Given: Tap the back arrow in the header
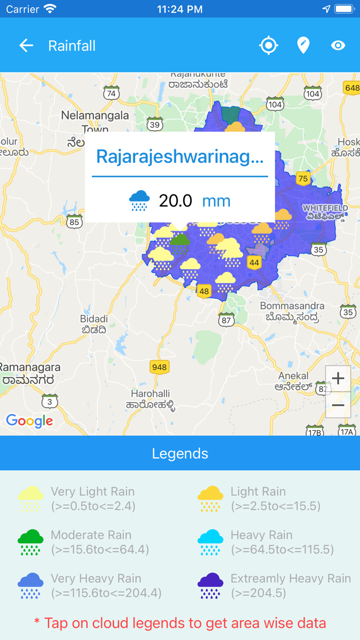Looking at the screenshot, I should tap(26, 46).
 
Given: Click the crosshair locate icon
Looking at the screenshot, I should tap(268, 46).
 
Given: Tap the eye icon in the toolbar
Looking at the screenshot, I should tap(338, 46).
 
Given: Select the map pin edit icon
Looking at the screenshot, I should tap(303, 46).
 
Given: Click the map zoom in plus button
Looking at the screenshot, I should tap(338, 379).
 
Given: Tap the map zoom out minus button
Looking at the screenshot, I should tap(338, 405).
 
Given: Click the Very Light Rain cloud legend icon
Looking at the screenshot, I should tap(30, 499).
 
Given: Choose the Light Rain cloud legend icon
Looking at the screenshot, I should tap(210, 499).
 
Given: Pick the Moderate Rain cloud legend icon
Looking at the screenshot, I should tap(30, 542).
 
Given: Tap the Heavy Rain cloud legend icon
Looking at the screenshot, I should tap(210, 542).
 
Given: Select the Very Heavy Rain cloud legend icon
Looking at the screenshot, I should tap(30, 585).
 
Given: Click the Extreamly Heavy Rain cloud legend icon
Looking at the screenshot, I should tap(210, 585).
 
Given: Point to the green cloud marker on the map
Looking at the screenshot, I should tap(179, 243).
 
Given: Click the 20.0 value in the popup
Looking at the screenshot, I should tap(175, 201).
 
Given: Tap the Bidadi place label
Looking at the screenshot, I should tap(94, 319).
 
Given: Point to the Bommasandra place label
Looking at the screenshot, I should tap(292, 306).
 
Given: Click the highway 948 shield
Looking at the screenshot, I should tap(159, 367).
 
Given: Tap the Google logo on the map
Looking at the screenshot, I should tap(29, 421).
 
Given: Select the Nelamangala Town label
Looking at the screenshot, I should tap(95, 121).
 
